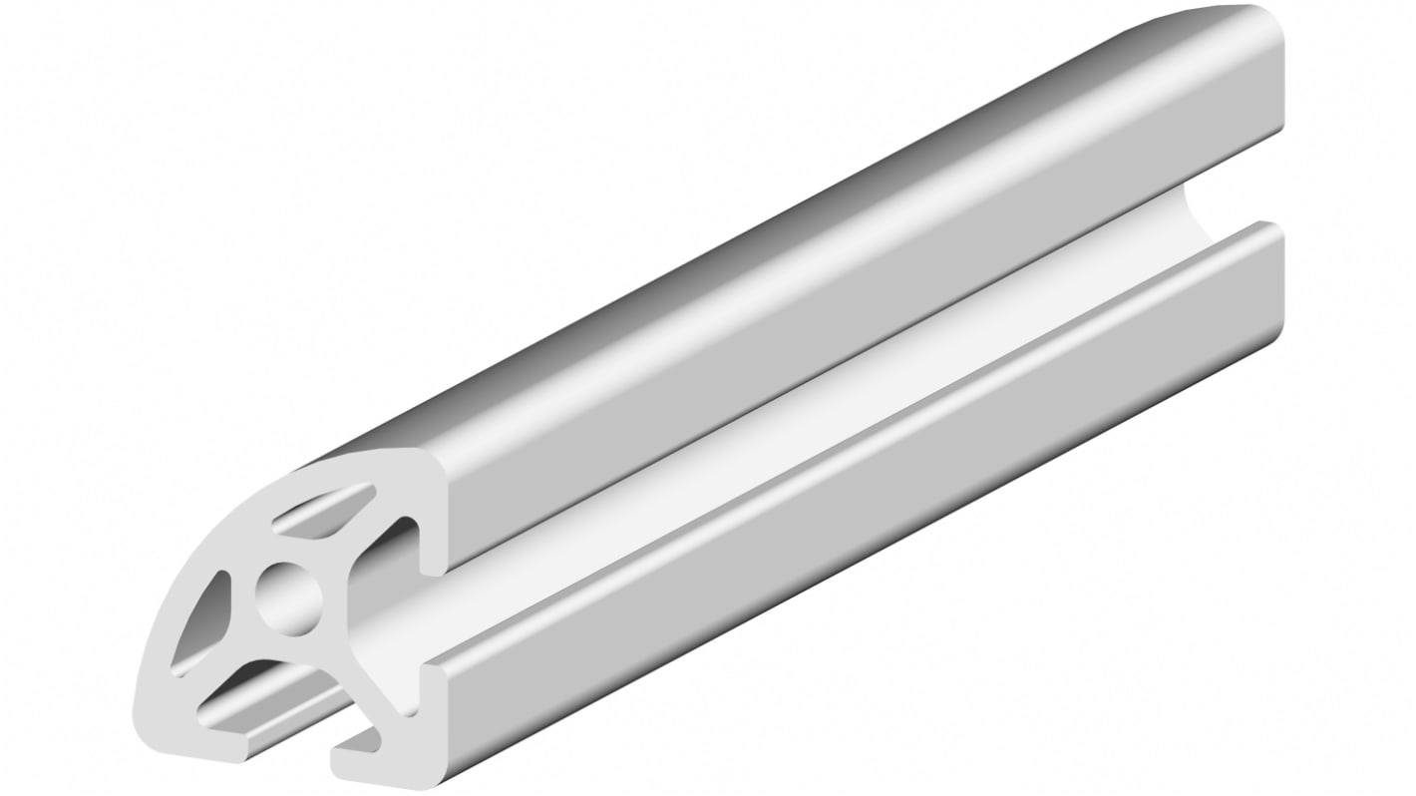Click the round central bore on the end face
(x=289, y=598)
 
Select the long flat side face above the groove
(x=848, y=329)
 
